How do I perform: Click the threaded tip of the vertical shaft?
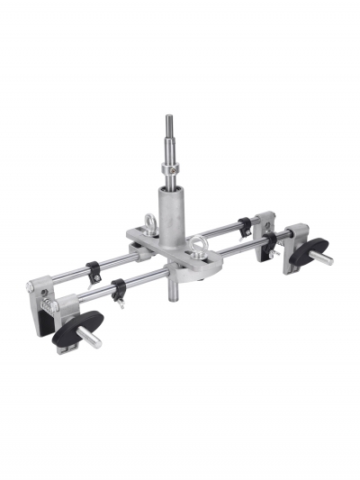coord(168,121)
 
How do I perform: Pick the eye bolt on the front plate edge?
coord(198,243)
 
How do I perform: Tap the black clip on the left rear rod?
coord(93,268)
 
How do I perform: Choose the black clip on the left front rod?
coord(117,290)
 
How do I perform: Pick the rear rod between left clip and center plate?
coord(112,262)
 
